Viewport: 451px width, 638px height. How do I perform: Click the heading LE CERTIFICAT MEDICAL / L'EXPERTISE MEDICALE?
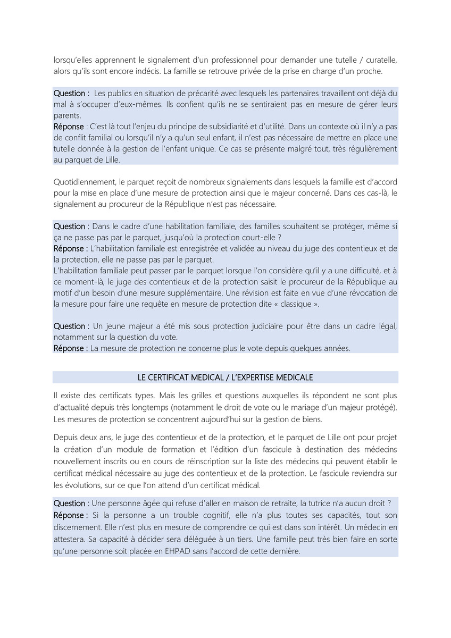225,377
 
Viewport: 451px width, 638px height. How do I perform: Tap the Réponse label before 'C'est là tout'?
69,127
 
